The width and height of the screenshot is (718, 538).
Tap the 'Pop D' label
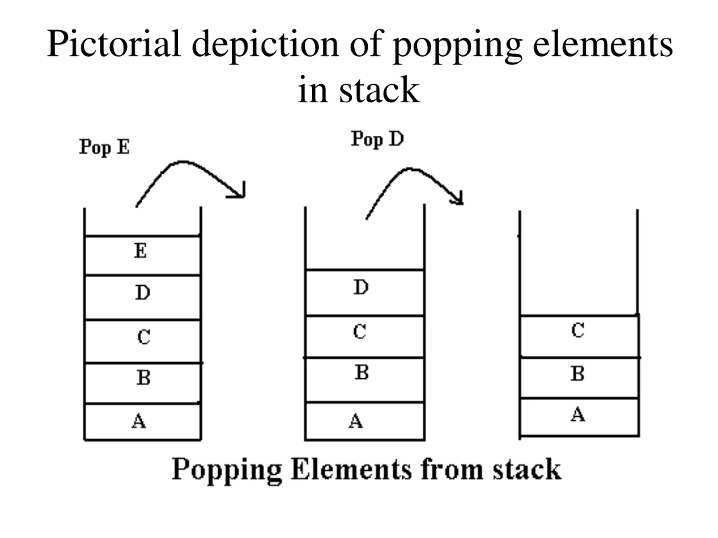(378, 140)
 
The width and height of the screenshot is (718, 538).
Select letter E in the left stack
(141, 251)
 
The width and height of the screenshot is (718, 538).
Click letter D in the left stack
(143, 293)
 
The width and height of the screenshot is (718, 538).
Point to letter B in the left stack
(144, 377)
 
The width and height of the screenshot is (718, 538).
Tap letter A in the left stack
(139, 421)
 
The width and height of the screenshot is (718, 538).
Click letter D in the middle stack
(361, 287)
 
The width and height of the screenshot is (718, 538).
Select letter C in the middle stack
(360, 332)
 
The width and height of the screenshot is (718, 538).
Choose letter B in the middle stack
(362, 372)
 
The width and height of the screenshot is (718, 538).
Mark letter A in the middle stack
(356, 421)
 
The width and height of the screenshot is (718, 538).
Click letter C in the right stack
(578, 330)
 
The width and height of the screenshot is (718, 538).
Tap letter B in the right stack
(577, 374)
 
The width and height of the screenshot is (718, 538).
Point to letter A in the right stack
(578, 414)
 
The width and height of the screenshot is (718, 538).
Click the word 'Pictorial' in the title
(114, 44)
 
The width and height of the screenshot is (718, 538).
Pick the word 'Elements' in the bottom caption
(351, 469)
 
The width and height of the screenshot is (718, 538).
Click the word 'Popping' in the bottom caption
(227, 471)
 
